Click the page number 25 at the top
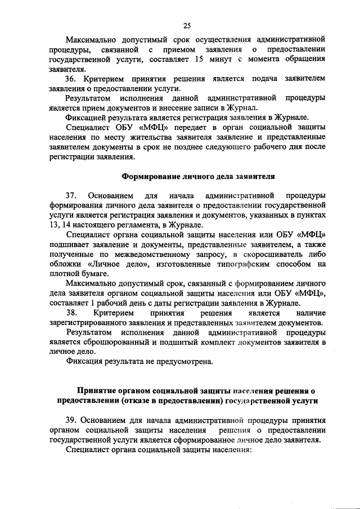(187, 24)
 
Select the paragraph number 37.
(72, 196)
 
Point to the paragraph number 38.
(72, 312)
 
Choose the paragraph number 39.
(72, 420)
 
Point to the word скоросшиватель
(264, 254)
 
